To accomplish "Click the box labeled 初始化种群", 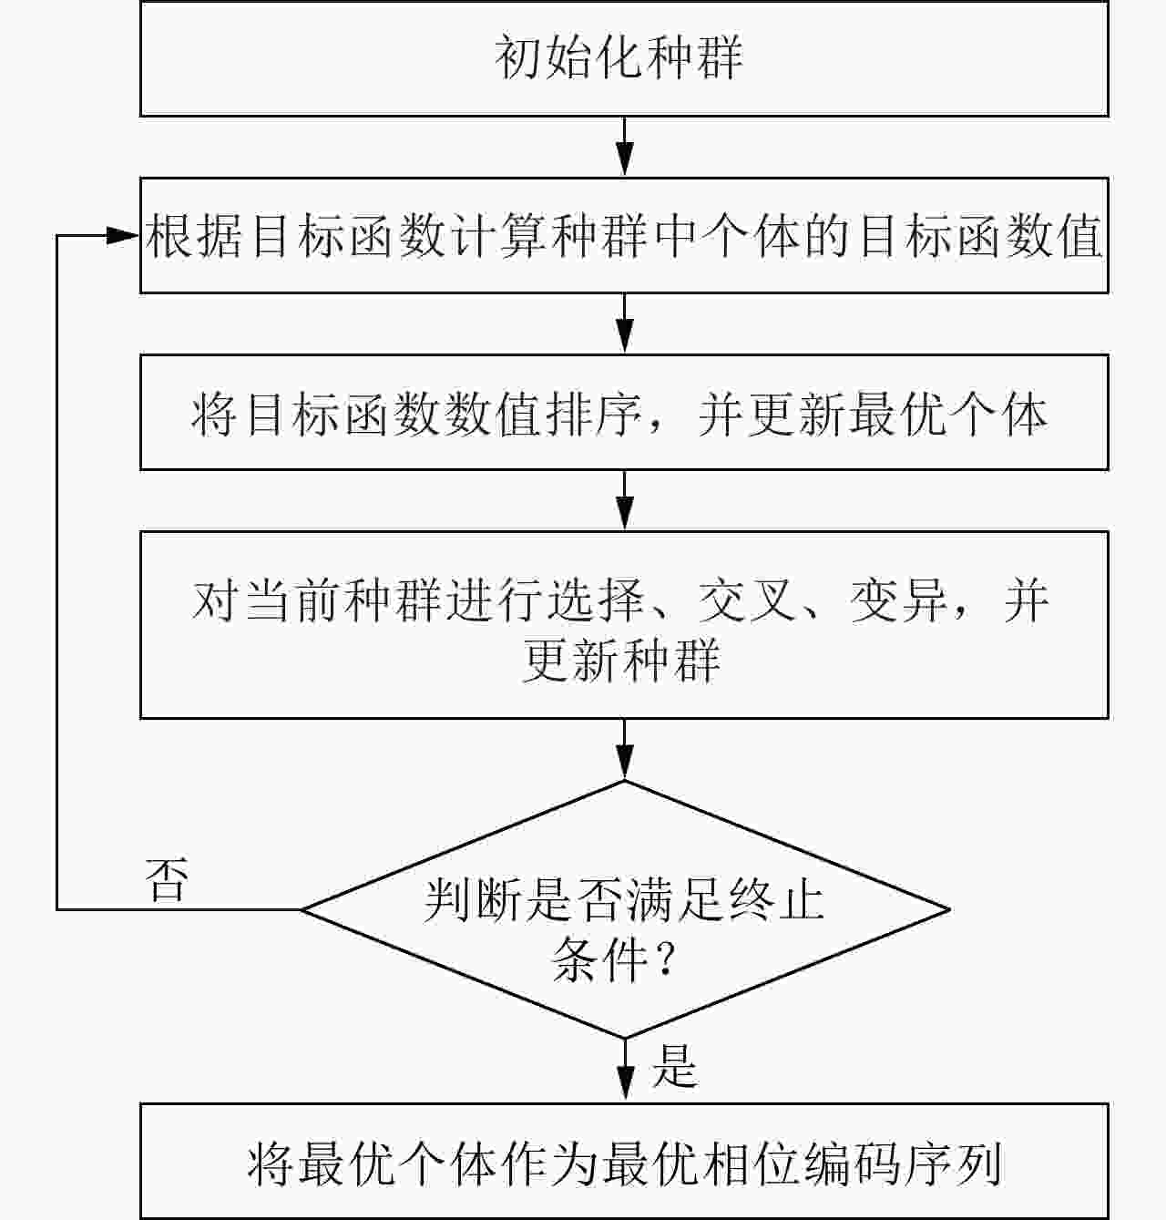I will tap(623, 57).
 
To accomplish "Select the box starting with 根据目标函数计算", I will tap(623, 235).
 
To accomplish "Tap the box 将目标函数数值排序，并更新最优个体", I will tap(623, 413).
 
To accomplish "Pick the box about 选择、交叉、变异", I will tap(623, 625).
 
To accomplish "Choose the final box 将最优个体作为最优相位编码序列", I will tap(623, 1162).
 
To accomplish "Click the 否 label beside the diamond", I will tap(168, 880).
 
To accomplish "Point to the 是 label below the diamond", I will tap(674, 1065).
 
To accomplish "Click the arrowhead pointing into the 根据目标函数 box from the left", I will tap(124, 235).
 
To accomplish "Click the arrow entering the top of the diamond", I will tap(624, 750).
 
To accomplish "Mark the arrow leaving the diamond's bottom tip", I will tap(624, 1071).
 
